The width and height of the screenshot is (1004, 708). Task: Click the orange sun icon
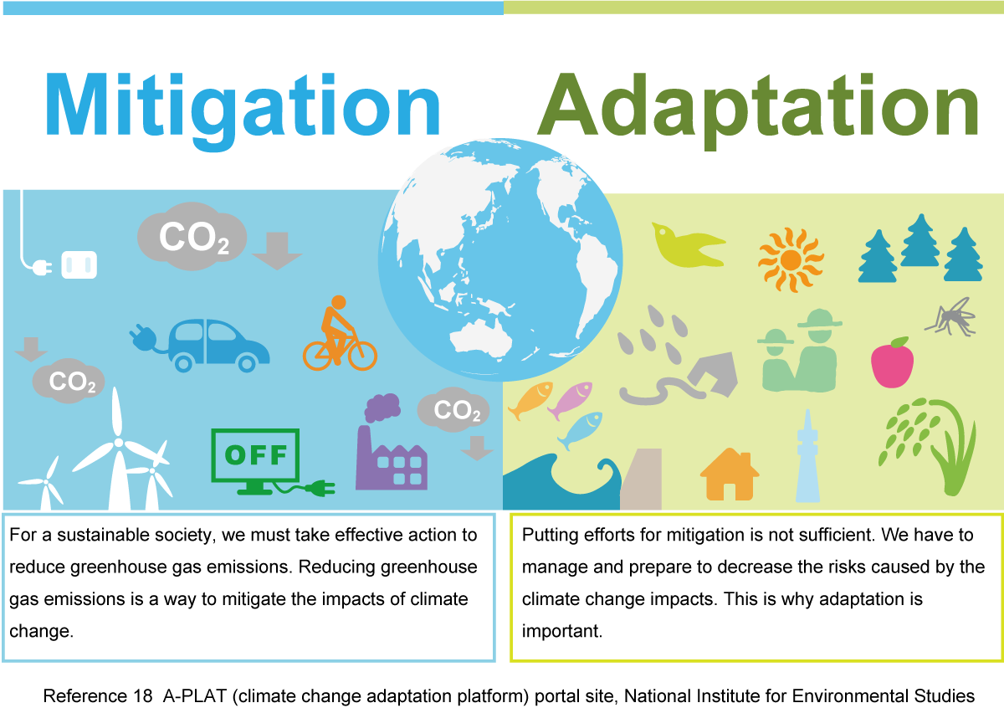pos(791,259)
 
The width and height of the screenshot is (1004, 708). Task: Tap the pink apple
pos(892,362)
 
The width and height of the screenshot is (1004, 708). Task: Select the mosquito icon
pos(951,317)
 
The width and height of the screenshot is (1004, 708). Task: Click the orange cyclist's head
pos(338,302)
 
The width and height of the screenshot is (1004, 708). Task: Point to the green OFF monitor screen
pos(255,454)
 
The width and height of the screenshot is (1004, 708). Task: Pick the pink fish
pos(570,399)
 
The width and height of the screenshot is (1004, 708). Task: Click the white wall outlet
pos(79,265)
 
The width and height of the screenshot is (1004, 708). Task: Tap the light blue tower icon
pos(807,456)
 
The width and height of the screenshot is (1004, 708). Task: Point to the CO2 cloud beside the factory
pos(453,409)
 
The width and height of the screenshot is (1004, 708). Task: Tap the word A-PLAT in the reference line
pos(194,696)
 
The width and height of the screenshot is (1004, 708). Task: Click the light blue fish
pos(581,430)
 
